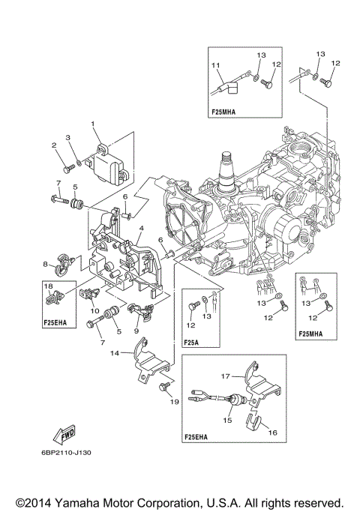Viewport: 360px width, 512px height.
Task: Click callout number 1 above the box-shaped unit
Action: tap(93, 124)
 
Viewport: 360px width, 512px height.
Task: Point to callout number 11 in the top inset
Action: tap(215, 65)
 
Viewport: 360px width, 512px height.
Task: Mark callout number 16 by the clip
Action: tap(271, 433)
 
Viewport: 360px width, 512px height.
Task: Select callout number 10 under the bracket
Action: tap(94, 310)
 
